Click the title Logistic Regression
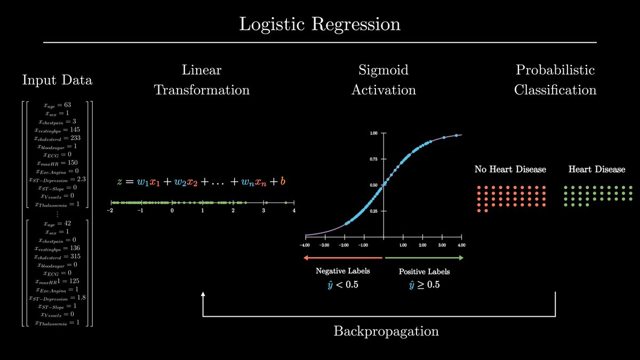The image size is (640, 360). tap(319, 25)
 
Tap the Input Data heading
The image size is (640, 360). tap(57, 80)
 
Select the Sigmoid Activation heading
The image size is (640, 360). tap(383, 79)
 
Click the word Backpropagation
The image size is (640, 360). tap(386, 331)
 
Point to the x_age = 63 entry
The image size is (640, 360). tap(57, 106)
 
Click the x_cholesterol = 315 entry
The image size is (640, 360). tap(57, 257)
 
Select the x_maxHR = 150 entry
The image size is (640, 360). tap(57, 163)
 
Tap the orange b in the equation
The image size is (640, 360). tap(283, 181)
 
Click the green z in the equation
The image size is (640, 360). tap(120, 182)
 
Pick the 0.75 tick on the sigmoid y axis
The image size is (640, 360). tap(373, 159)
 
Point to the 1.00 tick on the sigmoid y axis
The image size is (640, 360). tap(373, 133)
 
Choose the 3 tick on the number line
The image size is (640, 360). tap(263, 211)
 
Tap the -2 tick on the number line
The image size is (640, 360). tap(110, 211)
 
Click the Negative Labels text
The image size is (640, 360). tap(343, 271)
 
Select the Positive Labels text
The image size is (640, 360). tap(424, 271)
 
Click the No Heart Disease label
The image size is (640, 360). tap(510, 170)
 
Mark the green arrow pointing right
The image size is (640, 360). tap(424, 258)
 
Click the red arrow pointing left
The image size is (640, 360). tap(343, 258)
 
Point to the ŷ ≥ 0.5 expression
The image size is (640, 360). tap(424, 284)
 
